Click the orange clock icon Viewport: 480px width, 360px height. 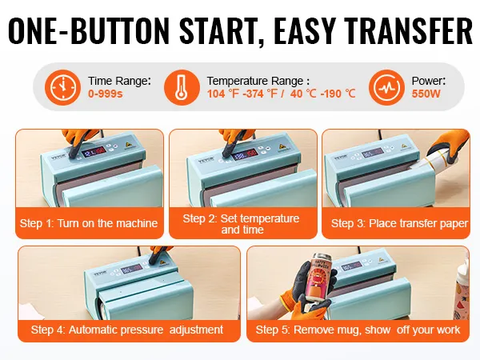pos(62,87)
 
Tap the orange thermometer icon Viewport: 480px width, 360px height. pos(182,87)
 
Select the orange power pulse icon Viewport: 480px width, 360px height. pos(386,87)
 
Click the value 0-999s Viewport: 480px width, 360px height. pos(106,94)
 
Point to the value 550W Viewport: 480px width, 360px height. pos(426,94)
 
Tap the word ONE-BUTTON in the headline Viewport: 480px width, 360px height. pos(89,31)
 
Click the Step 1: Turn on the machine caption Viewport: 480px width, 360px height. pos(89,223)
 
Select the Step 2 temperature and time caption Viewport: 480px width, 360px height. pos(242,224)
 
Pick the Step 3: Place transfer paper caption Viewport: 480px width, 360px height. pos(399,223)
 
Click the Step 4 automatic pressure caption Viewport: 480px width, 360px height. pos(127,330)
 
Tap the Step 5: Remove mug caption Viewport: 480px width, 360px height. pos(358,330)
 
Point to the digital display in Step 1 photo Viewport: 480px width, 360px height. pos(94,151)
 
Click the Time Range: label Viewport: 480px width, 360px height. pos(120,81)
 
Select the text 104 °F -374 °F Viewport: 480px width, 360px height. pos(242,94)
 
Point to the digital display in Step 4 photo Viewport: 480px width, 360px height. pos(132,270)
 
